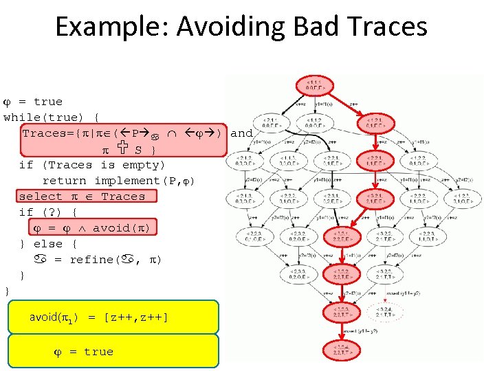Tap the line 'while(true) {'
(x=52, y=117)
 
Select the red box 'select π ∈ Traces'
(x=82, y=196)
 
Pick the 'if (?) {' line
(x=48, y=212)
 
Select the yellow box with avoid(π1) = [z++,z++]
(x=113, y=317)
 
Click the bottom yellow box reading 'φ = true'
(x=113, y=352)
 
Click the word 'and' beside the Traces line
(x=241, y=133)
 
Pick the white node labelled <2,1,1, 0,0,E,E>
(x=269, y=123)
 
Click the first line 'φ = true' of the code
(x=33, y=102)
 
